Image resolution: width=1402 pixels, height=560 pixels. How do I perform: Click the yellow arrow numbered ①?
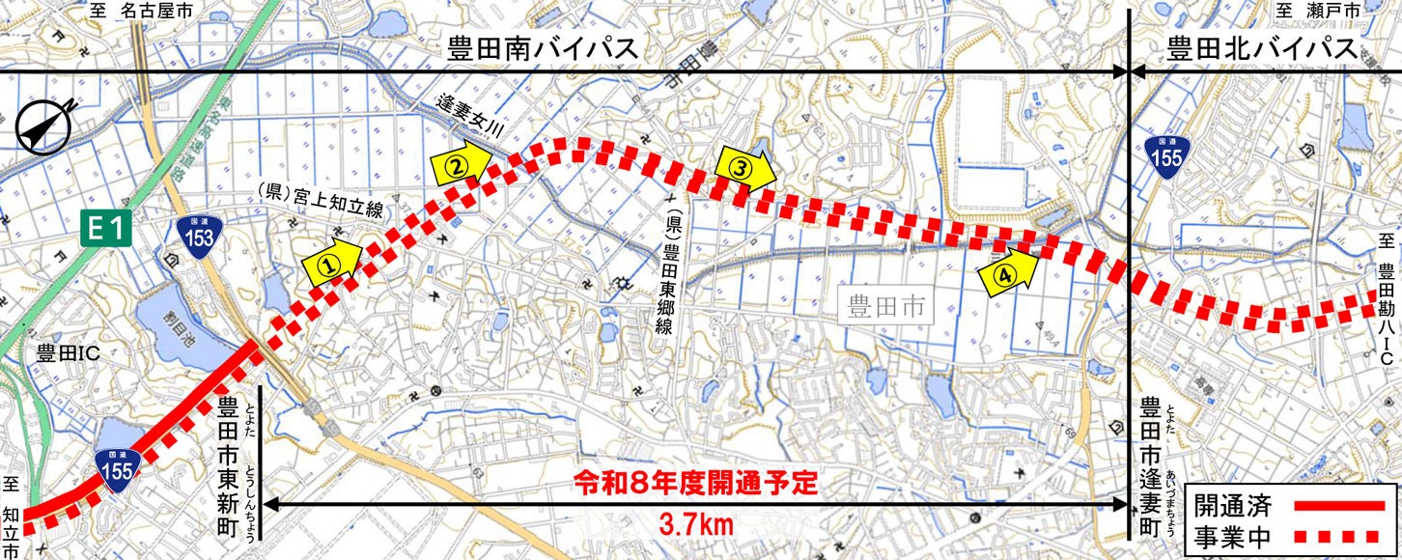[x=330, y=261]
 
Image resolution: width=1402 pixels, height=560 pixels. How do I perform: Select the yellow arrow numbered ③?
[x=744, y=167]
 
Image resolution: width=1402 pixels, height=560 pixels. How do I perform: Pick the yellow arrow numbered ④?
[x=1008, y=273]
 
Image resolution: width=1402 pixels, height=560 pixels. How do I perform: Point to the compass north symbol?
[x=45, y=126]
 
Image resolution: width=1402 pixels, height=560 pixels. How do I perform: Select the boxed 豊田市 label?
[x=885, y=308]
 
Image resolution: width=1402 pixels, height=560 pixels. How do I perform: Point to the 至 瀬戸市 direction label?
[x=1332, y=11]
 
